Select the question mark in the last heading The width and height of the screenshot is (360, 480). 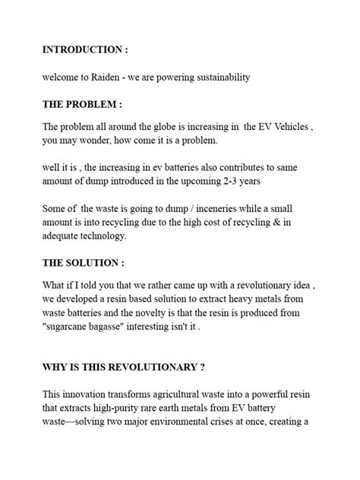[x=202, y=368]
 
